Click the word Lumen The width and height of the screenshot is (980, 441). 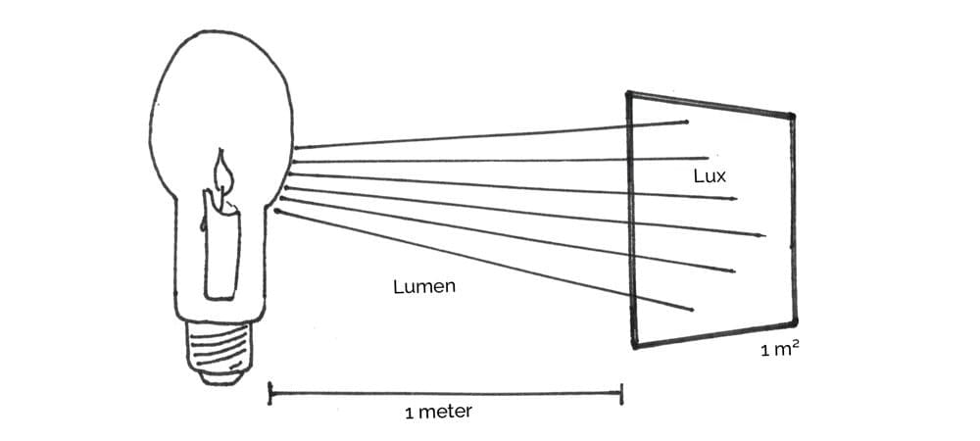[x=423, y=287]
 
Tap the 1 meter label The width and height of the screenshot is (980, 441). [x=437, y=412]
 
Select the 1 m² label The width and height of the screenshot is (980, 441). [x=779, y=350]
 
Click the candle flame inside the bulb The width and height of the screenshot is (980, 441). [x=224, y=175]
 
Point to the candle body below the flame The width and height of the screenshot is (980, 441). [x=221, y=250]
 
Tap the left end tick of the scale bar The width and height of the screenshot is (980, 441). [x=270, y=394]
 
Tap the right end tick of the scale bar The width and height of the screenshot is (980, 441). [x=621, y=394]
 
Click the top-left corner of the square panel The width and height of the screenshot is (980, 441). [x=629, y=94]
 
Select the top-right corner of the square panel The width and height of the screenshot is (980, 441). [x=792, y=117]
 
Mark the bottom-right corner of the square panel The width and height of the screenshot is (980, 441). [x=794, y=321]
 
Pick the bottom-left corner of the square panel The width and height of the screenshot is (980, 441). [x=635, y=345]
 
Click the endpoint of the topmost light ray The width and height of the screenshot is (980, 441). [x=686, y=122]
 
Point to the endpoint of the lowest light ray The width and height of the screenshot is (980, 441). [x=693, y=311]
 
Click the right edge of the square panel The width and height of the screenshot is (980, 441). [x=794, y=220]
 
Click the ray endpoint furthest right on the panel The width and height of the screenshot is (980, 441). [x=764, y=235]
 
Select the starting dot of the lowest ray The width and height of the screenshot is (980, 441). [x=278, y=211]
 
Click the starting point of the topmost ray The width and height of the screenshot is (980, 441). [x=294, y=148]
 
